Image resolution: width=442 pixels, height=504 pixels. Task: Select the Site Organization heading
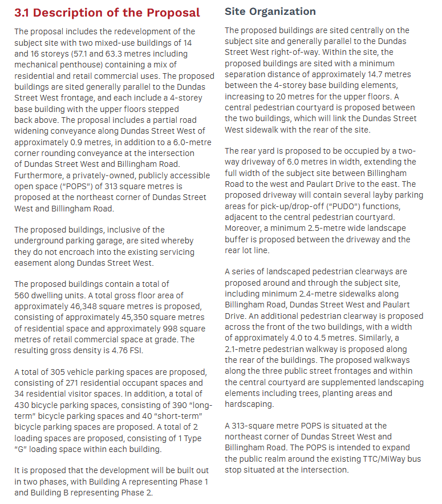[x=270, y=11]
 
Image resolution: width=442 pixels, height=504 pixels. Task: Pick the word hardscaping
[x=249, y=404]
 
